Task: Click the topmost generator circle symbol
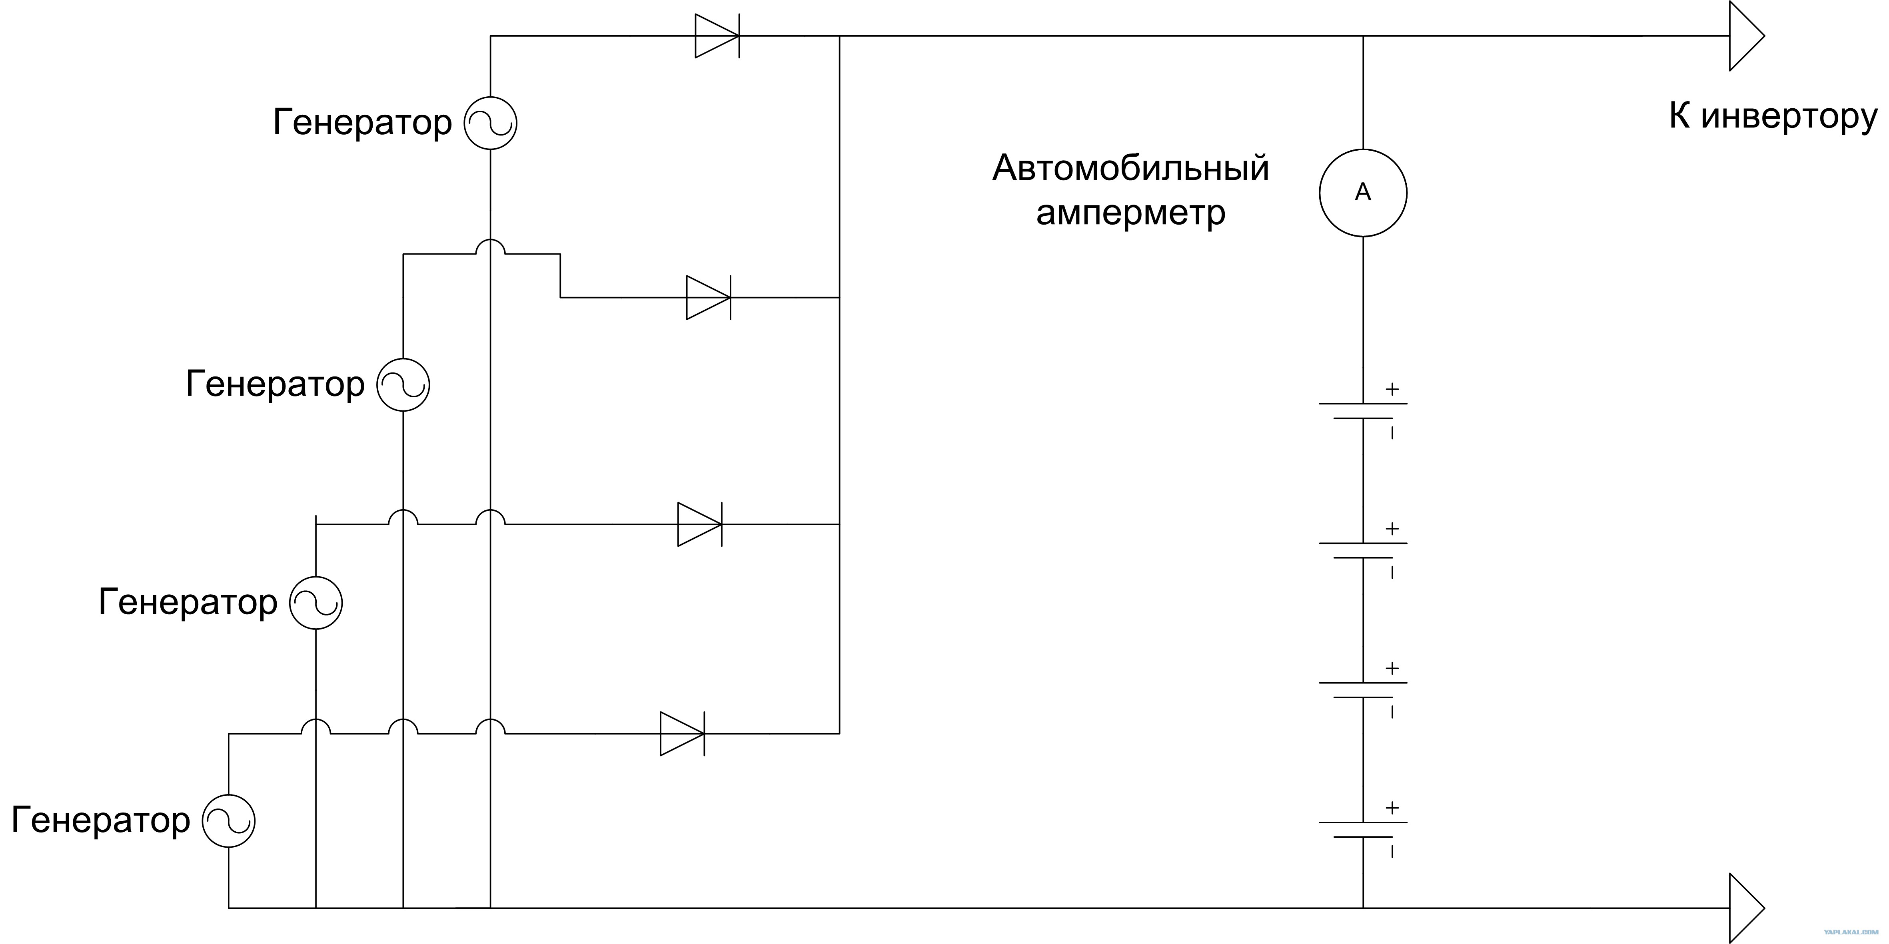point(491,123)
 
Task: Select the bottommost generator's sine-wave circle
point(229,821)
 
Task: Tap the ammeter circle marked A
point(1362,193)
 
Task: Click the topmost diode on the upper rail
point(717,36)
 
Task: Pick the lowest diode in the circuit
point(682,734)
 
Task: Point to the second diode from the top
point(708,298)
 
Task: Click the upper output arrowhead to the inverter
point(1745,36)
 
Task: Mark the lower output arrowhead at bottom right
point(1745,908)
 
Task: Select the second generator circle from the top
point(403,385)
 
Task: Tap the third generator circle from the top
point(316,602)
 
